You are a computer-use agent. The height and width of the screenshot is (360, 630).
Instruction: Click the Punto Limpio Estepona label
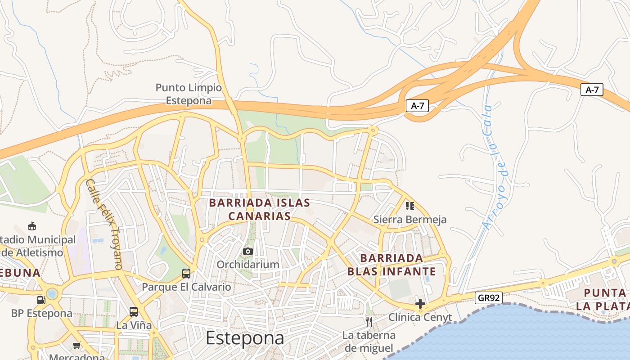pos(189,94)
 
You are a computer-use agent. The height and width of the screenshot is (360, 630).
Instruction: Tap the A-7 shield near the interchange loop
pos(417,106)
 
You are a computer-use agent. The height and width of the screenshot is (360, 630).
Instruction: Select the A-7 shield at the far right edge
pos(591,90)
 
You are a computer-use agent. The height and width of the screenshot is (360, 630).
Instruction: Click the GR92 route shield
pos(488,298)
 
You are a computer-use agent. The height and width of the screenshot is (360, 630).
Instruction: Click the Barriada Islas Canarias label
pos(260,209)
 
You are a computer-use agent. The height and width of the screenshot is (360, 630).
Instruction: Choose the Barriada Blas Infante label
pos(391,265)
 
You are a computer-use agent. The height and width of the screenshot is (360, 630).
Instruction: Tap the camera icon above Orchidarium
pos(247,251)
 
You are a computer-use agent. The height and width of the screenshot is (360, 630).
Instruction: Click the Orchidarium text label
pos(248,264)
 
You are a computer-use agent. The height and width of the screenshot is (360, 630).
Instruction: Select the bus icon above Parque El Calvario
pos(186,273)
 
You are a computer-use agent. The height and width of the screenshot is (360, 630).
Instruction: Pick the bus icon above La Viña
pos(134,311)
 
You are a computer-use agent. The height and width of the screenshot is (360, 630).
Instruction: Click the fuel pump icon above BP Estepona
pos(41,300)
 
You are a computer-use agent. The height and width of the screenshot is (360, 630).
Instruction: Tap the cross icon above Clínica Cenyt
pos(420,304)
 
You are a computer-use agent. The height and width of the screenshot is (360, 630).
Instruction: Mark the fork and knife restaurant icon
pos(369,321)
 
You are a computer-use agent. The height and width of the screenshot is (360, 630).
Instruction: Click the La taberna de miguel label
pos(369,342)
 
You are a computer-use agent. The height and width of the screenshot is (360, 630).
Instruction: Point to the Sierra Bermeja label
pos(410,220)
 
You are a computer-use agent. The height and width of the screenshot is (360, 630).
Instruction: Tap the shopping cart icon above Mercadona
pos(77,346)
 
